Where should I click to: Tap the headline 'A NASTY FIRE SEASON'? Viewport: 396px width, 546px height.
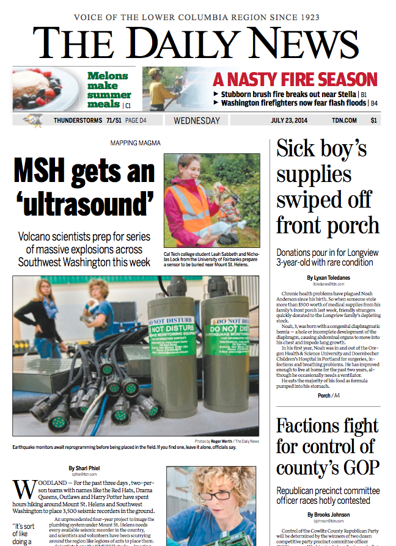pyautogui.click(x=295, y=80)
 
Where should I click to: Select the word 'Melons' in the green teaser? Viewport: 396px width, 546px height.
pyautogui.click(x=108, y=76)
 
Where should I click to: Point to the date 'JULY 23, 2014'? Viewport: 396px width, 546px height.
pyautogui.click(x=291, y=120)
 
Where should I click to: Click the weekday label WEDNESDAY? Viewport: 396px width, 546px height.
pyautogui.click(x=197, y=120)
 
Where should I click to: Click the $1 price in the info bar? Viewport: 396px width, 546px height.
pyautogui.click(x=373, y=120)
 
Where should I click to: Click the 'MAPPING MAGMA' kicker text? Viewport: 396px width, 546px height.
pyautogui.click(x=136, y=143)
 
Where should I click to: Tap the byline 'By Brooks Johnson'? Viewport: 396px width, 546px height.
pyautogui.click(x=328, y=515)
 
